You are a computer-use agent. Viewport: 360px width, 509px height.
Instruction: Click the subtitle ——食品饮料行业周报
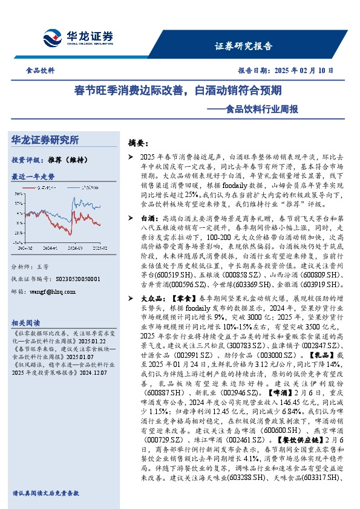click(266, 109)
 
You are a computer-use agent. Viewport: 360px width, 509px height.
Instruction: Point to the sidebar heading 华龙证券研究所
click(45, 140)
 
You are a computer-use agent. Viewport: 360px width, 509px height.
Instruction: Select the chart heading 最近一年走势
click(33, 177)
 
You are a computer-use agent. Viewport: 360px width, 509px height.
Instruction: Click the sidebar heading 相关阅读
click(27, 323)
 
